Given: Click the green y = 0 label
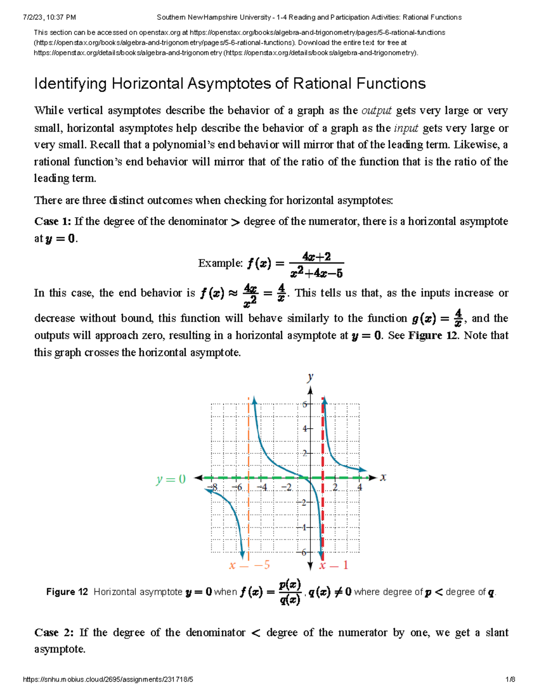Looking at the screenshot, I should tap(171, 479).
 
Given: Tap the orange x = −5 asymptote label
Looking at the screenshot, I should tap(249, 565).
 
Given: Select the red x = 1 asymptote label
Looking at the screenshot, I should tap(333, 565).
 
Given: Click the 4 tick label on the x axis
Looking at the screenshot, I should tap(359, 487).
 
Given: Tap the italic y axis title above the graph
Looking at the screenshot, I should tap(310, 377).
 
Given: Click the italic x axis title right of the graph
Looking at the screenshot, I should tap(383, 478).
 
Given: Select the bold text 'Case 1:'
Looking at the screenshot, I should tap(53, 221).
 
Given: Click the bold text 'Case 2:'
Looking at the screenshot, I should tap(54, 632).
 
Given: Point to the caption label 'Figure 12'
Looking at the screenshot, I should tap(67, 592).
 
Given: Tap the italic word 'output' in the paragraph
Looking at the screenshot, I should tap(376, 110).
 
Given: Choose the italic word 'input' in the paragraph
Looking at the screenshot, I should tap(406, 128).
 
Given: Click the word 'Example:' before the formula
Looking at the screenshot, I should tap(221, 263).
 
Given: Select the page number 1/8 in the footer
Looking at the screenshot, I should tap(510, 679).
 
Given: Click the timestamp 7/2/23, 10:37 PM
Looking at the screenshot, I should tap(49, 18).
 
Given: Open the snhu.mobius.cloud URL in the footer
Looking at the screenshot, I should tap(108, 679).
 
